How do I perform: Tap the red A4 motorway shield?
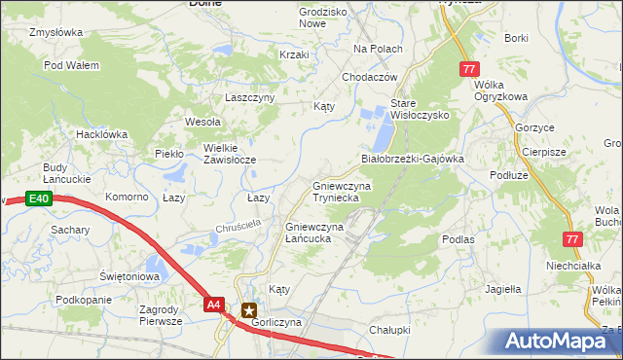[x=215, y=305]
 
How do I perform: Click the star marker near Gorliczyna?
[x=247, y=307]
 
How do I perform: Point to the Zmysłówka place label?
[x=55, y=32]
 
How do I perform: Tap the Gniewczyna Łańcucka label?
[x=314, y=233]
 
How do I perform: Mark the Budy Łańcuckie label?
[x=55, y=173]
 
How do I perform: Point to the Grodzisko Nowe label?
[x=297, y=18]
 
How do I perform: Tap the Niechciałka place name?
[x=570, y=264]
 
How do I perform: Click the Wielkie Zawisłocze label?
[x=229, y=154]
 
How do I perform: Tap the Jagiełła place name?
[x=503, y=288]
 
